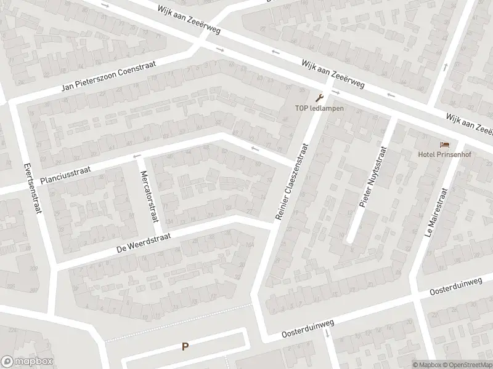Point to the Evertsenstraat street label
point(33,187)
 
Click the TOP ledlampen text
point(318,109)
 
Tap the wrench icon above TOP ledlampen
point(319,97)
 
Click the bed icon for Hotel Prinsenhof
point(444,145)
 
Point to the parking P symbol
point(185,347)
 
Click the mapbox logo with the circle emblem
point(27,362)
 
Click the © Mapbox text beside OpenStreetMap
point(426,364)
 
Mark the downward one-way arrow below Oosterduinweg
point(327,333)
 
